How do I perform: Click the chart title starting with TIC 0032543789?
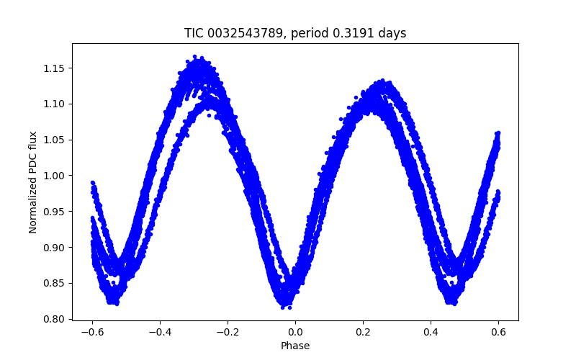tap(295, 33)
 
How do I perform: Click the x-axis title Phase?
tap(295, 346)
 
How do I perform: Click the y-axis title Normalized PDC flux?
tap(33, 182)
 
